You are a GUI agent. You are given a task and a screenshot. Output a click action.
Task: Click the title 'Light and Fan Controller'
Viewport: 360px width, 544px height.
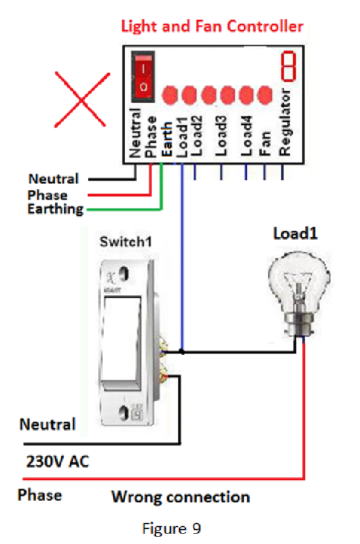[212, 26]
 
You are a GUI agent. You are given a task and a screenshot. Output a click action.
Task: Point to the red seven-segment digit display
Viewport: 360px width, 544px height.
[289, 67]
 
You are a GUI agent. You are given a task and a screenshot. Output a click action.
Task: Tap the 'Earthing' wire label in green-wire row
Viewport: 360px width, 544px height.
[55, 209]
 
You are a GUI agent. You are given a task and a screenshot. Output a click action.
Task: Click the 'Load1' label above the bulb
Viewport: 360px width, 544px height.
[295, 234]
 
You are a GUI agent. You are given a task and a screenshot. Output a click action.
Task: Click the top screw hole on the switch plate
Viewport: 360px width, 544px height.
[125, 274]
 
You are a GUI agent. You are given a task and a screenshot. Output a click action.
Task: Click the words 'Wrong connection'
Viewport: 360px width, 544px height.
[180, 497]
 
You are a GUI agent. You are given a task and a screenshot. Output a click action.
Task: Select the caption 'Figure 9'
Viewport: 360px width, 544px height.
[172, 528]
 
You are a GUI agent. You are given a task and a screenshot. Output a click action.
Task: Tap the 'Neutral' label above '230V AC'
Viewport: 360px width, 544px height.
[48, 425]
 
